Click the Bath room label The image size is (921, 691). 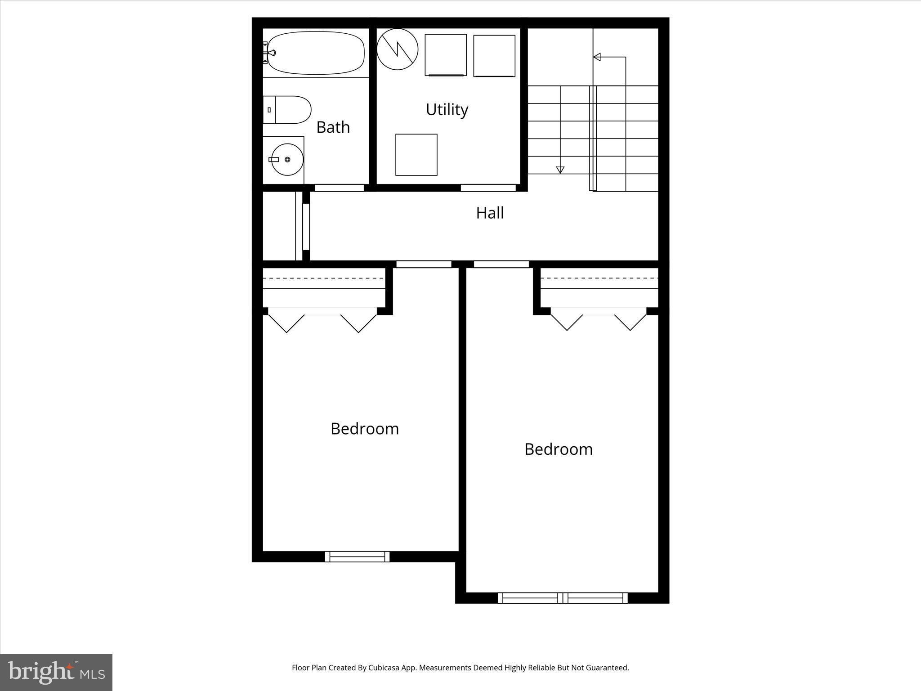[x=333, y=127]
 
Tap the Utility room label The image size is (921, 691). [x=447, y=109]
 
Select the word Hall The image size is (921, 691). [x=490, y=213]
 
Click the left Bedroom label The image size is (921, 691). [x=364, y=429]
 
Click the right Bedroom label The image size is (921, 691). [x=558, y=449]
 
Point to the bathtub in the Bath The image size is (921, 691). [x=316, y=53]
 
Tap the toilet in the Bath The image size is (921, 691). [x=288, y=110]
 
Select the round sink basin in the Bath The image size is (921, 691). [x=287, y=159]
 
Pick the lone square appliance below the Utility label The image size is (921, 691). [x=416, y=155]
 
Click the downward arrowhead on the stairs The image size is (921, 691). [x=560, y=170]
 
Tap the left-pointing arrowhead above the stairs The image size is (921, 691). [x=597, y=57]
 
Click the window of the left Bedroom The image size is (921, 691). [x=357, y=556]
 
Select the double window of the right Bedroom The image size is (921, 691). [x=562, y=598]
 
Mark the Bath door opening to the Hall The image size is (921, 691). [x=339, y=188]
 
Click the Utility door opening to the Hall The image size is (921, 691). [x=488, y=188]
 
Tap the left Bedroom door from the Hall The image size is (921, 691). [x=424, y=264]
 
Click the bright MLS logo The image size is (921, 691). [x=56, y=673]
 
